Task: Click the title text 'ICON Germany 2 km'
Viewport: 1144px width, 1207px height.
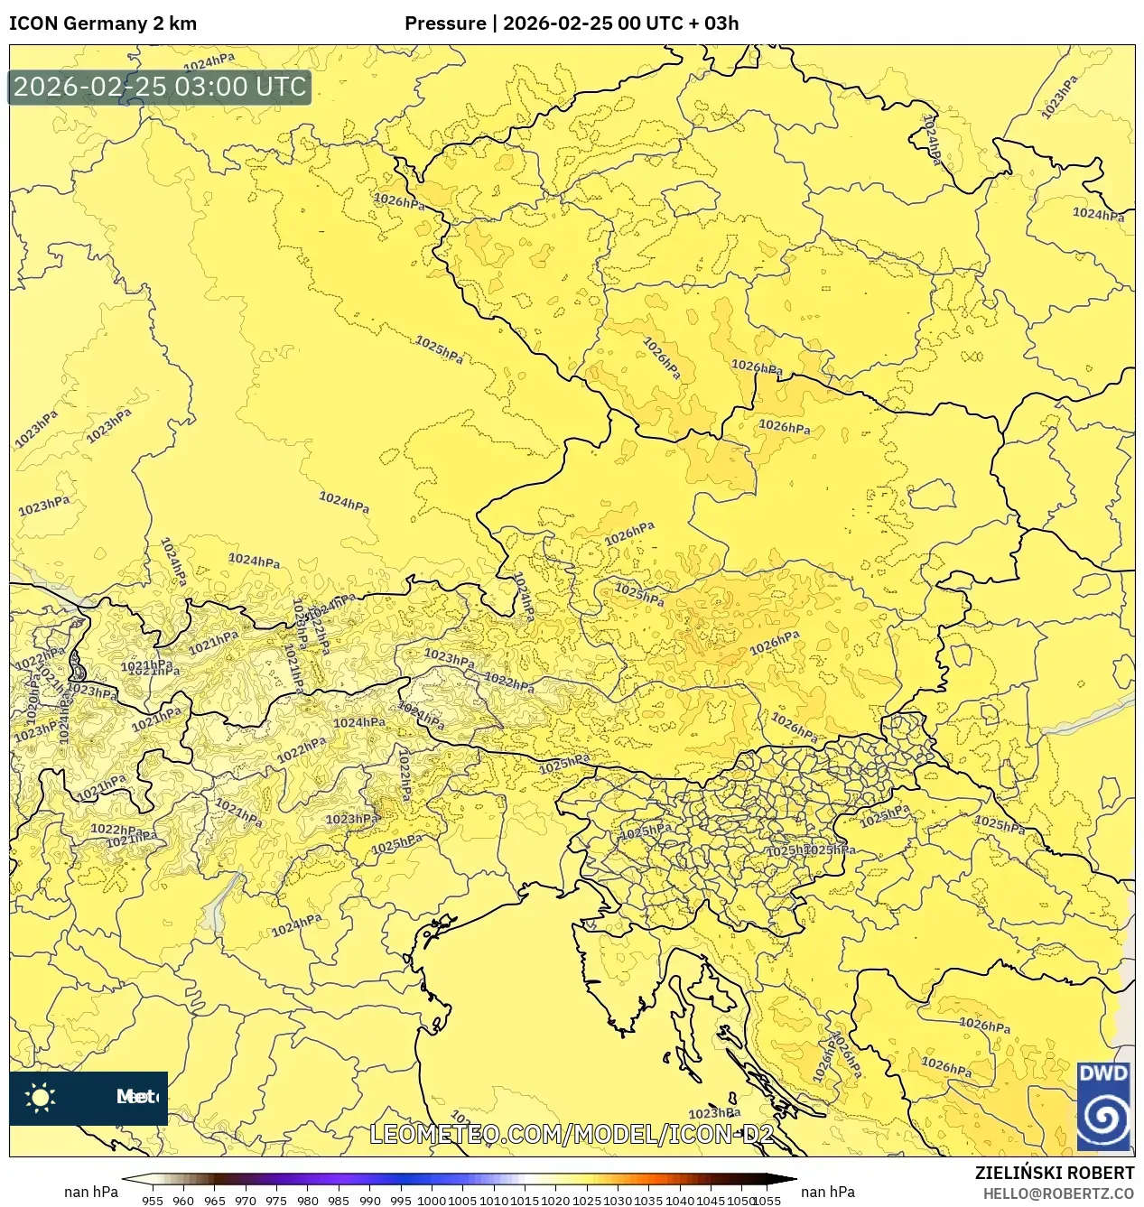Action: point(103,23)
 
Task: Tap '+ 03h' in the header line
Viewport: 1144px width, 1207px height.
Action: point(714,23)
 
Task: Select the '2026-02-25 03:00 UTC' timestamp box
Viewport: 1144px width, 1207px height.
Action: point(160,87)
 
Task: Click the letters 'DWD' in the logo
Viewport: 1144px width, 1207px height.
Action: point(1103,1073)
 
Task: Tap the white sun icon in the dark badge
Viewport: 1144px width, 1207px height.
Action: point(41,1097)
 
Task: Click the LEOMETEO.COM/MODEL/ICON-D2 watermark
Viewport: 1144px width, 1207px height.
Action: point(572,1134)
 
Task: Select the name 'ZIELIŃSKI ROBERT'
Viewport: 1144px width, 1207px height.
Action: point(1054,1173)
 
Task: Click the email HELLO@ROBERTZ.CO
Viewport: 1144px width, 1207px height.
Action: point(1058,1193)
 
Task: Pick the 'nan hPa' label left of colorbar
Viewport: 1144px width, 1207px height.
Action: point(90,1192)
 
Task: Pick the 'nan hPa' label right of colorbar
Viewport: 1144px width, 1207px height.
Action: point(827,1192)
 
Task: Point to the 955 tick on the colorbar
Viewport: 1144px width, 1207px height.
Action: point(153,1201)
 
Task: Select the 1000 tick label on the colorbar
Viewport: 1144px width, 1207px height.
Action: point(431,1201)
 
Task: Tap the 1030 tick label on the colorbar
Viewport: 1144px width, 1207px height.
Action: point(618,1201)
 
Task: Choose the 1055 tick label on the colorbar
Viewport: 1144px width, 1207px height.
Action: point(767,1201)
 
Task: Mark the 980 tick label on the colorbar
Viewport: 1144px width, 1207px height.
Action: point(307,1201)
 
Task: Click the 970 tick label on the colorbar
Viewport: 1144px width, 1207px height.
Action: point(246,1201)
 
